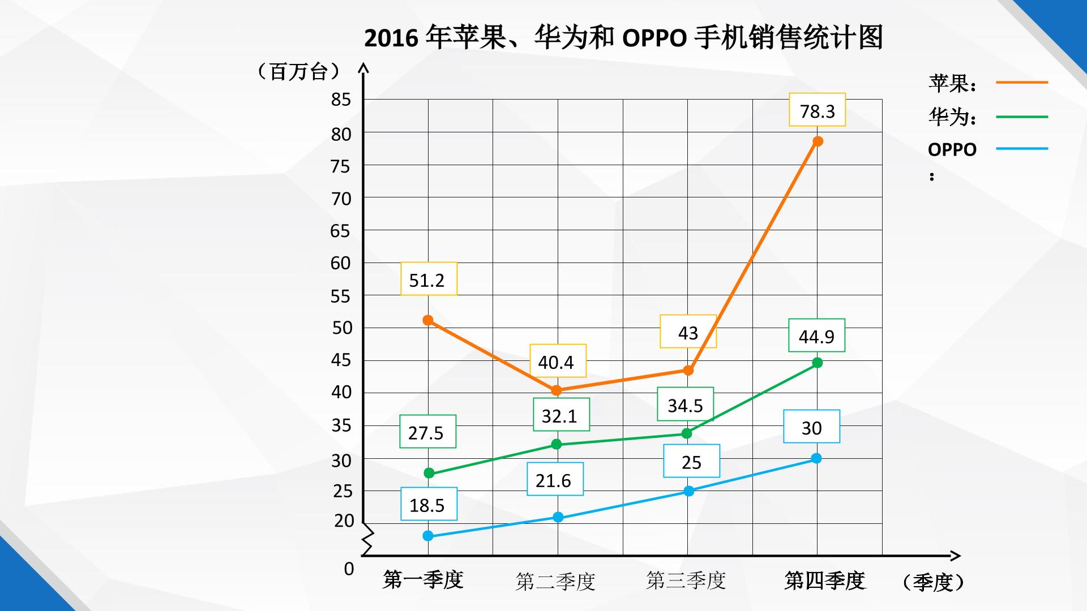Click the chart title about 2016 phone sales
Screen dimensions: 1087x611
[x=623, y=38]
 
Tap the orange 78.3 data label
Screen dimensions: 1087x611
[x=817, y=110]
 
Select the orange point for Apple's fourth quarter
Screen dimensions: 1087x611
[x=818, y=141]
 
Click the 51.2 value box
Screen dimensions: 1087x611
[x=429, y=279]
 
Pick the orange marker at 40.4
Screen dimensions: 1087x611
[x=557, y=390]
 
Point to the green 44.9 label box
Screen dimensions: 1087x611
[x=816, y=335]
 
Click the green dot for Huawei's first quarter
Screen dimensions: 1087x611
[x=429, y=473]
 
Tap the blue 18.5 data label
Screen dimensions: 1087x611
[x=429, y=504]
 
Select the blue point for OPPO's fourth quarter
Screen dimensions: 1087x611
[x=816, y=458]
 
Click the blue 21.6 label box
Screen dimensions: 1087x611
[x=555, y=479]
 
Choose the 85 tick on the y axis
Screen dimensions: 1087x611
[x=341, y=100]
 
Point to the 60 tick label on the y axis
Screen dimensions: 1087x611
[x=341, y=263]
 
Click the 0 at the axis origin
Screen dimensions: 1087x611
[x=349, y=569]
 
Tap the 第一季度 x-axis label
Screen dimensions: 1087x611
[x=423, y=580]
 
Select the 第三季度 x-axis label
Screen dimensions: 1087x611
[x=686, y=580]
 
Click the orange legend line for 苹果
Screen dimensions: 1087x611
[x=1022, y=83]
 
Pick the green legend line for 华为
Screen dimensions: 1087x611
[x=1022, y=117]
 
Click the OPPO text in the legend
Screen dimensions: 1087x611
[x=952, y=150]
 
